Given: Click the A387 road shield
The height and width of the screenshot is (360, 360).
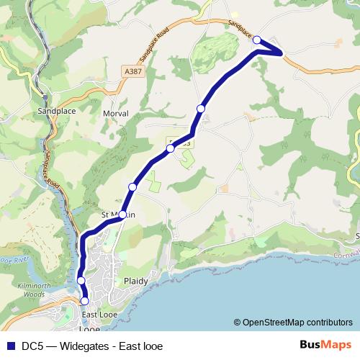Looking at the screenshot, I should point(132,71).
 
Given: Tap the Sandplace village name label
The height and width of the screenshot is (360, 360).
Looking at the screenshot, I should point(57,112).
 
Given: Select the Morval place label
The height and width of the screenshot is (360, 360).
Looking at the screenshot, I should point(115,114).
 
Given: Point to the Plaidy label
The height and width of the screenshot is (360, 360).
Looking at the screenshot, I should point(135,281).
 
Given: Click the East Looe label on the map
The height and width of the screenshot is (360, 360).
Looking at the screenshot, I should point(99,315).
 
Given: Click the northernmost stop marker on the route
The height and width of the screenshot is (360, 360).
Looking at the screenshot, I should point(257,40).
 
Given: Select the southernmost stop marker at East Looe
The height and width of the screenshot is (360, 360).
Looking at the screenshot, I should point(85,301).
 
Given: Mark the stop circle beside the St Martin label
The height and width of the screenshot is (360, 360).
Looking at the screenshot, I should point(122,215).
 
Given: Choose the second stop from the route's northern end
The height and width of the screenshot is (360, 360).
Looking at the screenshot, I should point(201,108).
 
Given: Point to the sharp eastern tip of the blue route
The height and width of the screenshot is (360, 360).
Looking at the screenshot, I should point(283,53).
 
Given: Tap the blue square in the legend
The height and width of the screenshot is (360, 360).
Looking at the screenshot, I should point(10,345).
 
